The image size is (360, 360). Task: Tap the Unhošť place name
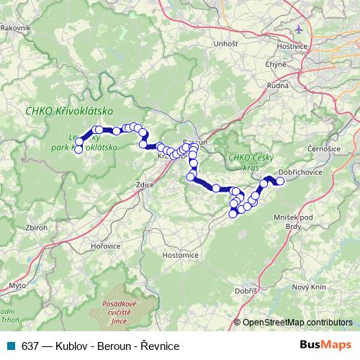225,44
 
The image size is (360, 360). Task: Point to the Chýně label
276,64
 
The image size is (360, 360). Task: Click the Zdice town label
145,185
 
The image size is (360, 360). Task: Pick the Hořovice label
105,246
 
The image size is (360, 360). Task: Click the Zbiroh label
36,227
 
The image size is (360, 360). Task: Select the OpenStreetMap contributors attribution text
298,322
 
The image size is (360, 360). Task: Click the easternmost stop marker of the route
280,181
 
